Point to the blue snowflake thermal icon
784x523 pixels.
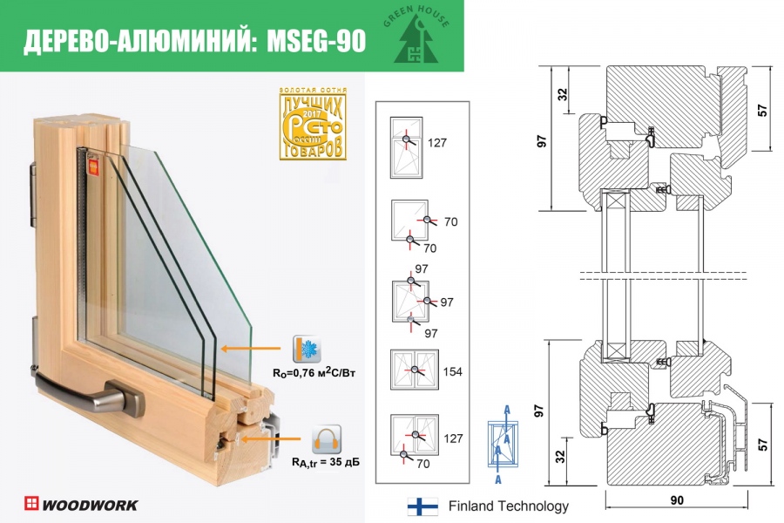pyautogui.click(x=308, y=347)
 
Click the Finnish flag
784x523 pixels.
pyautogui.click(x=422, y=506)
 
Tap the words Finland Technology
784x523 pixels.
pyautogui.click(x=508, y=506)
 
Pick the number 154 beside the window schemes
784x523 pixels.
pyautogui.click(x=452, y=371)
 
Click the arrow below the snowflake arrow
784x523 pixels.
pyautogui.click(x=270, y=438)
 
